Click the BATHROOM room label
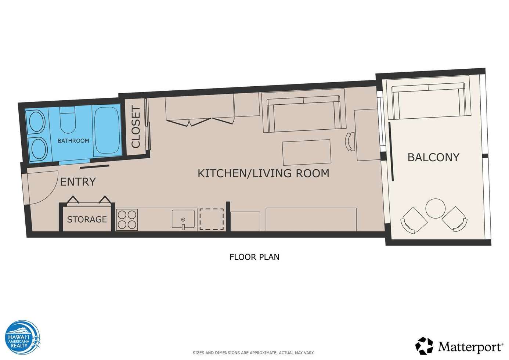pyautogui.click(x=73, y=141)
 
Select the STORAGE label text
pyautogui.click(x=87, y=219)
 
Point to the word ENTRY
pyautogui.click(x=78, y=182)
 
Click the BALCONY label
pyautogui.click(x=433, y=157)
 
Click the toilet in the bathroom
pyautogui.click(x=68, y=120)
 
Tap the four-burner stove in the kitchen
pyautogui.click(x=127, y=220)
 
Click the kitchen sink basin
pyautogui.click(x=183, y=219)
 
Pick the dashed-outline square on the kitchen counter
pyautogui.click(x=212, y=219)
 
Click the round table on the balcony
pyautogui.click(x=435, y=209)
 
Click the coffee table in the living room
pyautogui.click(x=307, y=152)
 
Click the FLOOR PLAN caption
pyautogui.click(x=254, y=257)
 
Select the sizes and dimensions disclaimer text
pyautogui.click(x=253, y=353)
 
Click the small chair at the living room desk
pyautogui.click(x=349, y=141)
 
